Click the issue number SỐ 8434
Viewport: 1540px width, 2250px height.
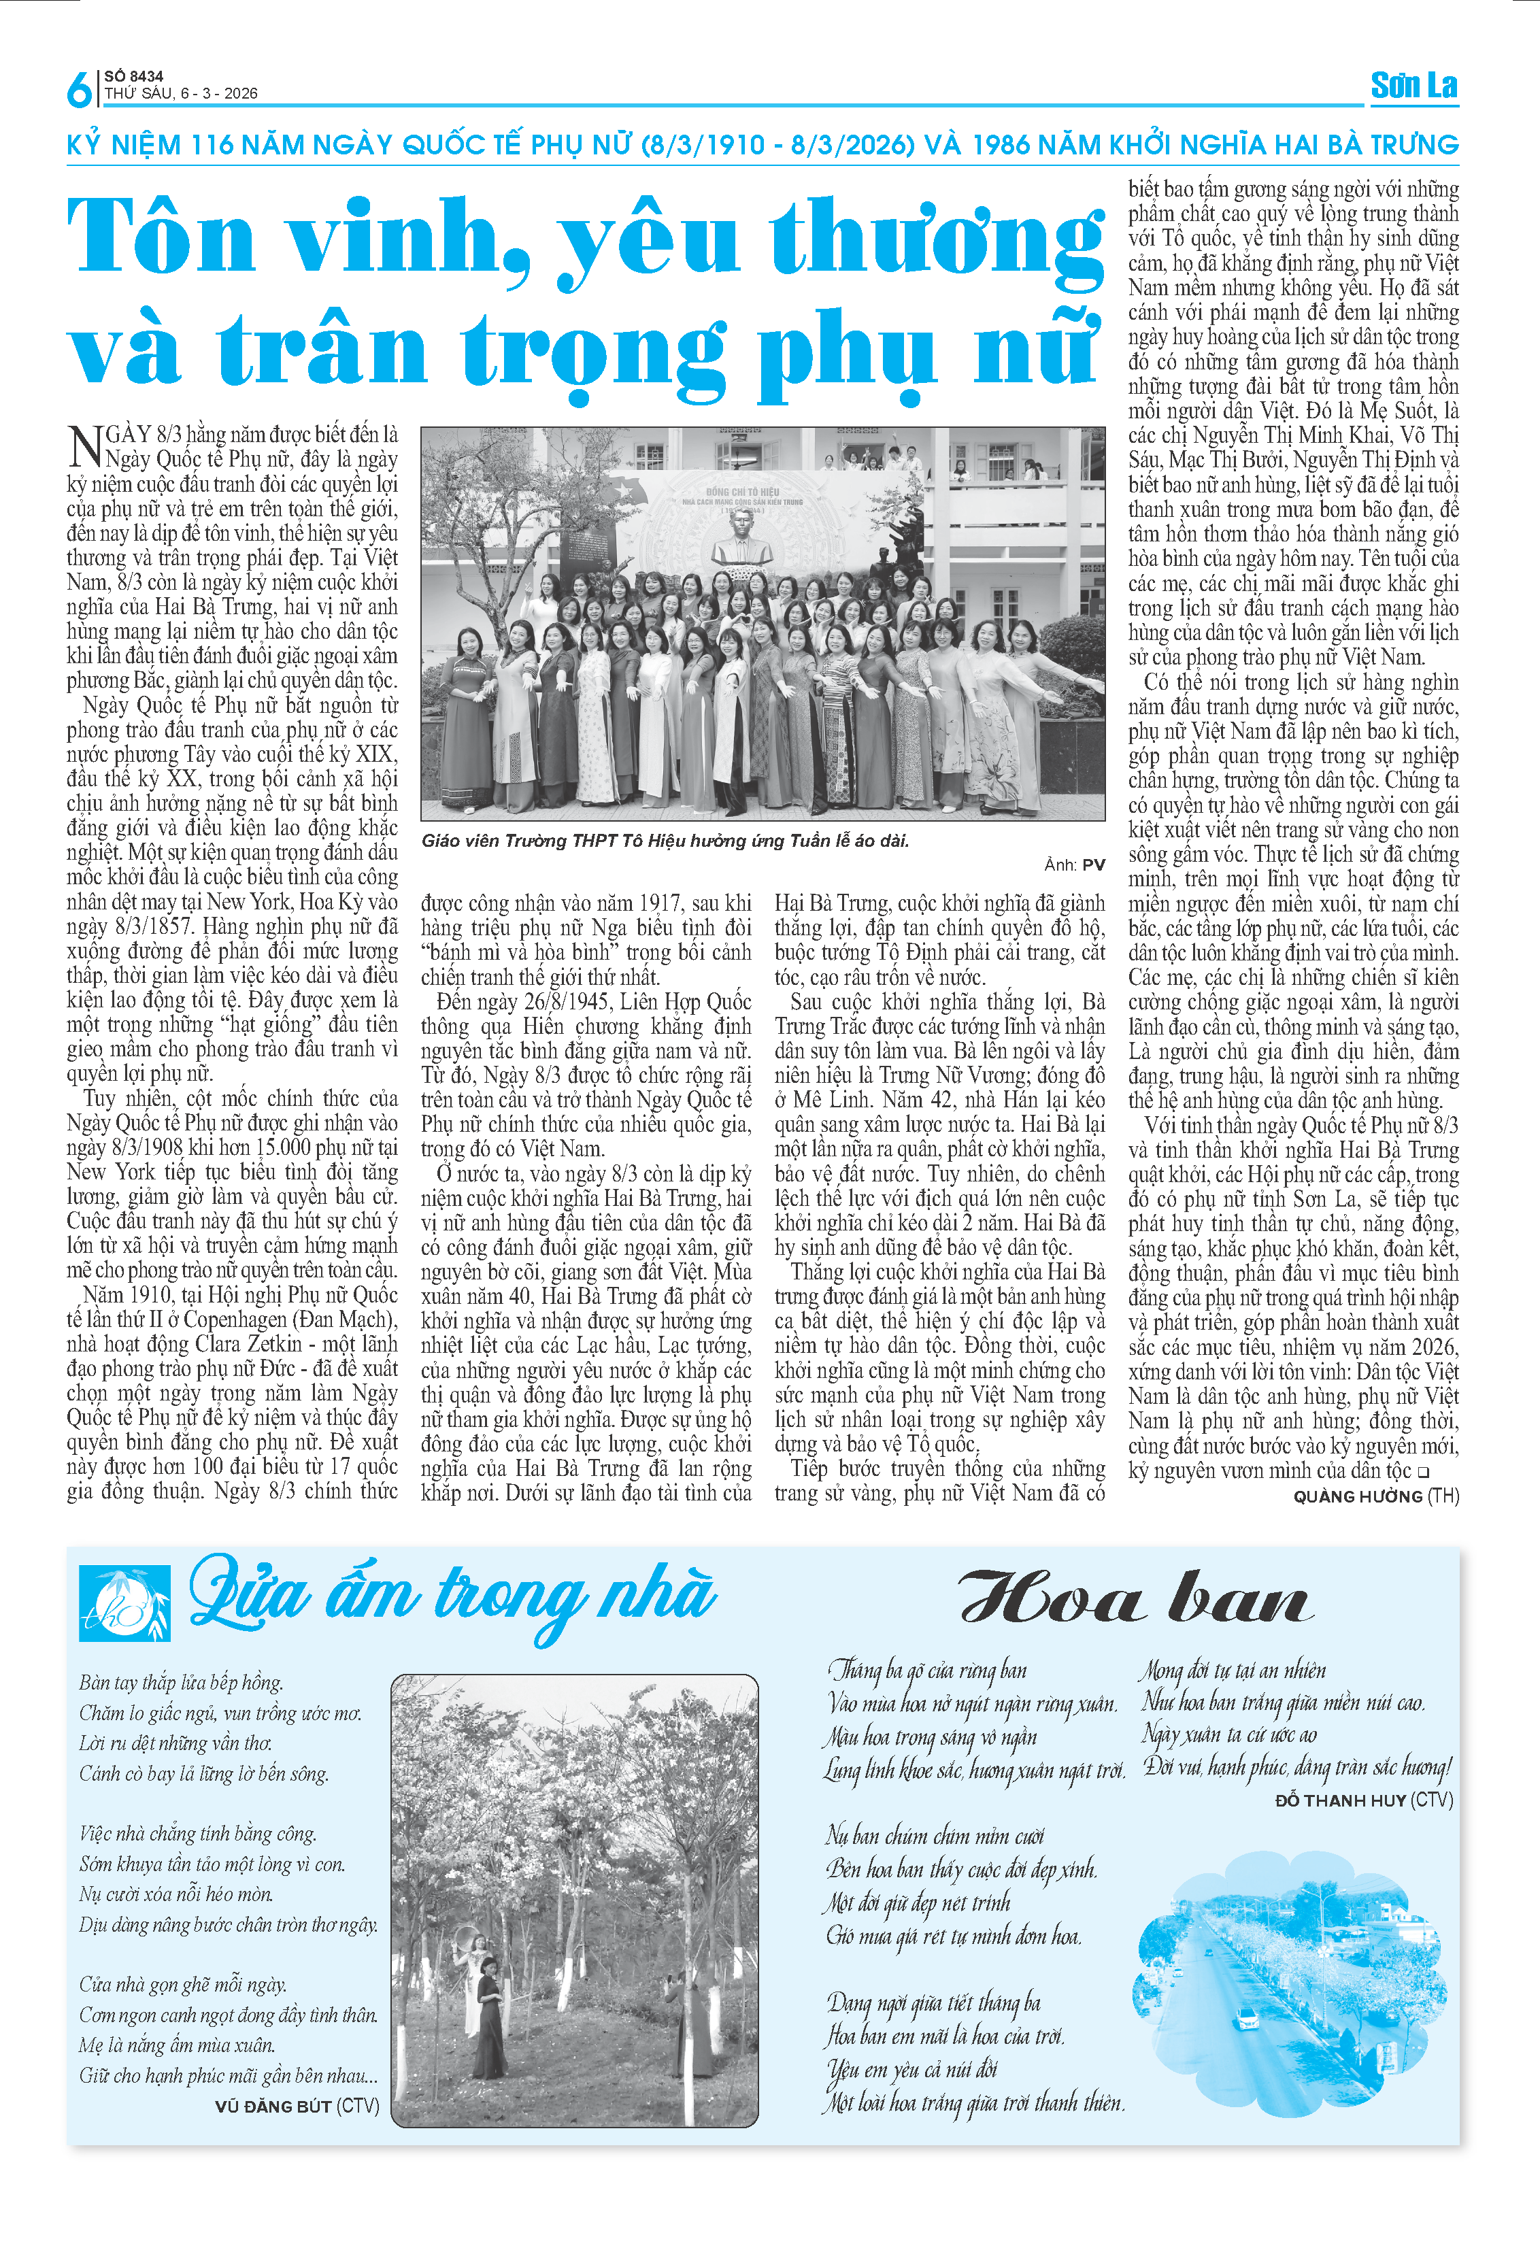pyautogui.click(x=133, y=75)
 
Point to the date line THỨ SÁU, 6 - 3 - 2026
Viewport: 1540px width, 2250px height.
pyautogui.click(x=181, y=94)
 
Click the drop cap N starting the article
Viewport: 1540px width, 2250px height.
pyautogui.click(x=85, y=446)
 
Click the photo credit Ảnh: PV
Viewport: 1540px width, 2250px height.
pyautogui.click(x=1075, y=864)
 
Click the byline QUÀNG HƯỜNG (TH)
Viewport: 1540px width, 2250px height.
pyautogui.click(x=1375, y=1496)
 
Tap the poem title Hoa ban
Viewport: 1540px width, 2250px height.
pyautogui.click(x=1135, y=1598)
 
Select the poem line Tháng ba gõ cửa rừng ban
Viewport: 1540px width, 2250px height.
pyautogui.click(x=927, y=1670)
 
